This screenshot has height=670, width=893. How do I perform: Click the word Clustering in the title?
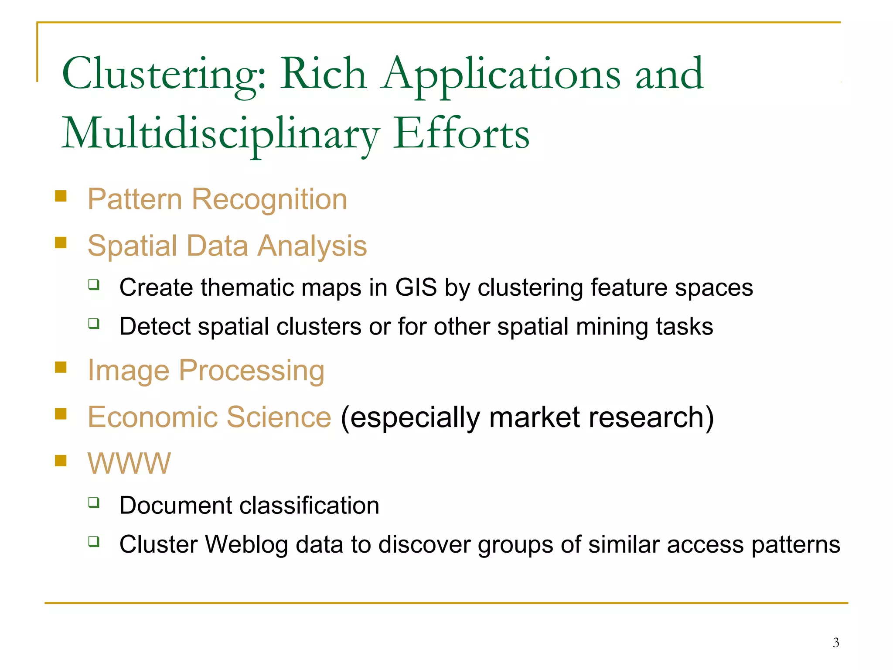[x=164, y=74]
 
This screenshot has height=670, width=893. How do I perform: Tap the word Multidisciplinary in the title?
[x=221, y=134]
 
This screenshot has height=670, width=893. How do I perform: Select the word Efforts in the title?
[x=461, y=134]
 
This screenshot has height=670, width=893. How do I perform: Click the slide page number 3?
[x=835, y=643]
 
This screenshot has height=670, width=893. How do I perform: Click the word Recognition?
[x=269, y=199]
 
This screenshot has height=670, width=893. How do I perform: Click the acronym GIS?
[x=416, y=287]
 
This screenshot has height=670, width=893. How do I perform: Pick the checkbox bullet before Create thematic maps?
[x=94, y=285]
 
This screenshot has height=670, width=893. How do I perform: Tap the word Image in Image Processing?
[x=128, y=370]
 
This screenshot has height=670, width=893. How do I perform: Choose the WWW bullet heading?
[x=129, y=463]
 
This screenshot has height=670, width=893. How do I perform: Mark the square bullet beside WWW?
[x=61, y=460]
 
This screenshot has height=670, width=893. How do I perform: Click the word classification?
[x=309, y=506]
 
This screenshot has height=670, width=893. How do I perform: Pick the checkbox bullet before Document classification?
[x=94, y=503]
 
